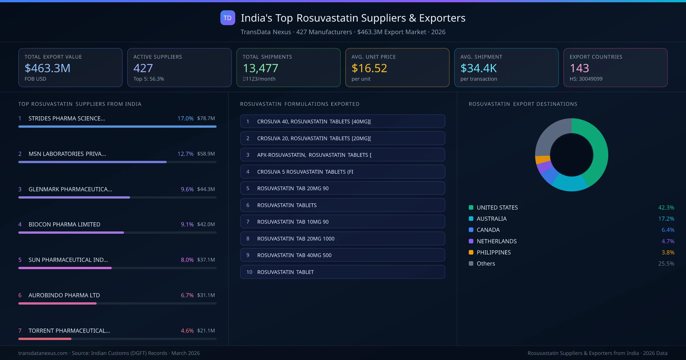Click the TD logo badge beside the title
228,18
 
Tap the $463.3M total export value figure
47,68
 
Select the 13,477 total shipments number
260,68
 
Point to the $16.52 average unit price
369,68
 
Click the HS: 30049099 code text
586,79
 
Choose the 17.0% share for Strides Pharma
185,118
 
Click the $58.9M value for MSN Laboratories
206,154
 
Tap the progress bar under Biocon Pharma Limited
71,233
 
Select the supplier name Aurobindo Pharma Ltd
64,295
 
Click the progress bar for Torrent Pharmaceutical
45,339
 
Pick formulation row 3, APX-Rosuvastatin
342,155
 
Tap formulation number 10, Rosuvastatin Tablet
342,272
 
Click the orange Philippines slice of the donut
542,159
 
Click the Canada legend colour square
471,230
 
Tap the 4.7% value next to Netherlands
668,241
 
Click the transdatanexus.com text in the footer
43,353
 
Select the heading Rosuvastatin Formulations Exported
300,104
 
